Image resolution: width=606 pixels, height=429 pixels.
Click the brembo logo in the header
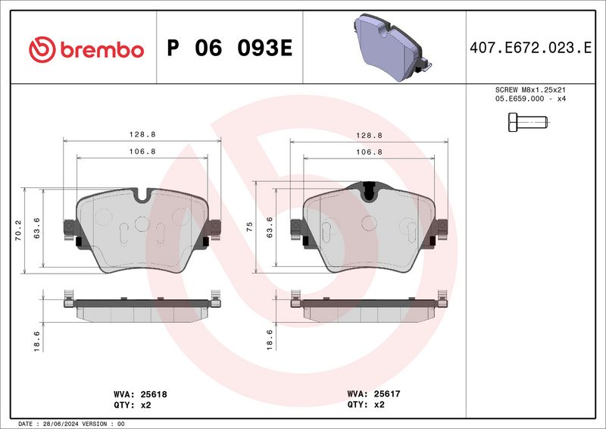point(86,49)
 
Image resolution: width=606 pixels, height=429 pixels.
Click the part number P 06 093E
point(230,49)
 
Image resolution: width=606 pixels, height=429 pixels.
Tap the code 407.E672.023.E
point(530,49)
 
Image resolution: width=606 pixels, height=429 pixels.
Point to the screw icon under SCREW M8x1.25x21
point(524,121)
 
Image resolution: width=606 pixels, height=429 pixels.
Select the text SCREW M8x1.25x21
point(530,89)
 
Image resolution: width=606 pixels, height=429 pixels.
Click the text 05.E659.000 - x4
point(530,99)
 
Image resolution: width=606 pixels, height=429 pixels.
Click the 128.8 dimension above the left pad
point(142,134)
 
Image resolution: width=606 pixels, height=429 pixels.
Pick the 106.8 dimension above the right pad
point(368,152)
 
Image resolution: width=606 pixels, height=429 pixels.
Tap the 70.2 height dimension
point(17,230)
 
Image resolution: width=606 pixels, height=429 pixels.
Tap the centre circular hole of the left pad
point(142,223)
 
